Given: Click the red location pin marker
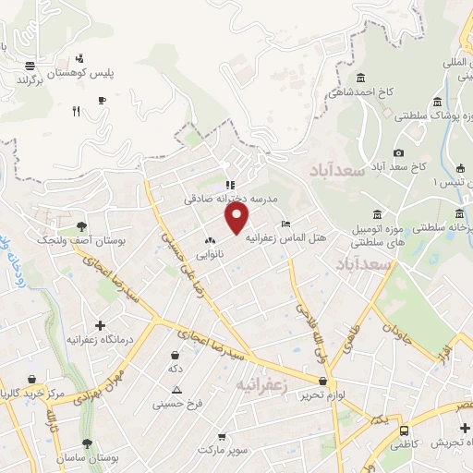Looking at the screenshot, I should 238,218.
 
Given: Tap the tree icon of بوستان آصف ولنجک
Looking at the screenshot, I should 82,225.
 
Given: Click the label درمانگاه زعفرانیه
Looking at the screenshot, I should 100,340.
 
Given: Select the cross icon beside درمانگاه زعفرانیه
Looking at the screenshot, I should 100,325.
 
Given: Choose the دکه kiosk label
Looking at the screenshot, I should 175,369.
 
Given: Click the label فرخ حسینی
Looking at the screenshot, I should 177,404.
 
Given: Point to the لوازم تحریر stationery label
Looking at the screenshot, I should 321,394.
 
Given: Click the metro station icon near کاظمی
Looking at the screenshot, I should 404,431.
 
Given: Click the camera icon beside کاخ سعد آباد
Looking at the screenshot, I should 398,152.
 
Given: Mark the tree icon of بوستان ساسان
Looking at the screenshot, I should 88,443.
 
